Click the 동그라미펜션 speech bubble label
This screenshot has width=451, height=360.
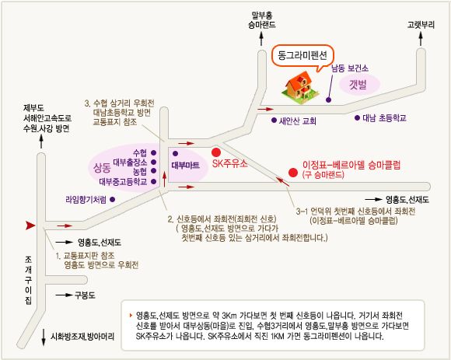point(302,55)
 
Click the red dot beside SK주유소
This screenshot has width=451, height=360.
point(216,152)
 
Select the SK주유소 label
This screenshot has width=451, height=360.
point(229,163)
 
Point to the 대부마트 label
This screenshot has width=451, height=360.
point(186,166)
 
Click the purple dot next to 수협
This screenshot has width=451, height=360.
point(154,152)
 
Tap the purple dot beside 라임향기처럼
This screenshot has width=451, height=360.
point(113,199)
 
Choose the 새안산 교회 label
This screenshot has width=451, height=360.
point(297,121)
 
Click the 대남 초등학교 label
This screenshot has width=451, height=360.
point(384,118)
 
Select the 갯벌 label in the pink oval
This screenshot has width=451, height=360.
point(358,85)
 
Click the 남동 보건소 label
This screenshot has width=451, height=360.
point(350,68)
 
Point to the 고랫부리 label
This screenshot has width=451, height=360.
point(421,25)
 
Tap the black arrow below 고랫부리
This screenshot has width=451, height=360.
point(421,39)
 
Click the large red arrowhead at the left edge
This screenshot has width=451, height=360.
point(30,225)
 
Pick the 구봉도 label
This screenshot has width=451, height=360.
point(85,295)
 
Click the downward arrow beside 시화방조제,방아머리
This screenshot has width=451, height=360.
point(44,337)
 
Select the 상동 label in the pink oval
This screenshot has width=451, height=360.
point(102,168)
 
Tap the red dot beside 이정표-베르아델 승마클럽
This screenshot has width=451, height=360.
point(293,173)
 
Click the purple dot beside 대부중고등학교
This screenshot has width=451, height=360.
point(154,181)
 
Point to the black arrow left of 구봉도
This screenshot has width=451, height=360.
point(64,295)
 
